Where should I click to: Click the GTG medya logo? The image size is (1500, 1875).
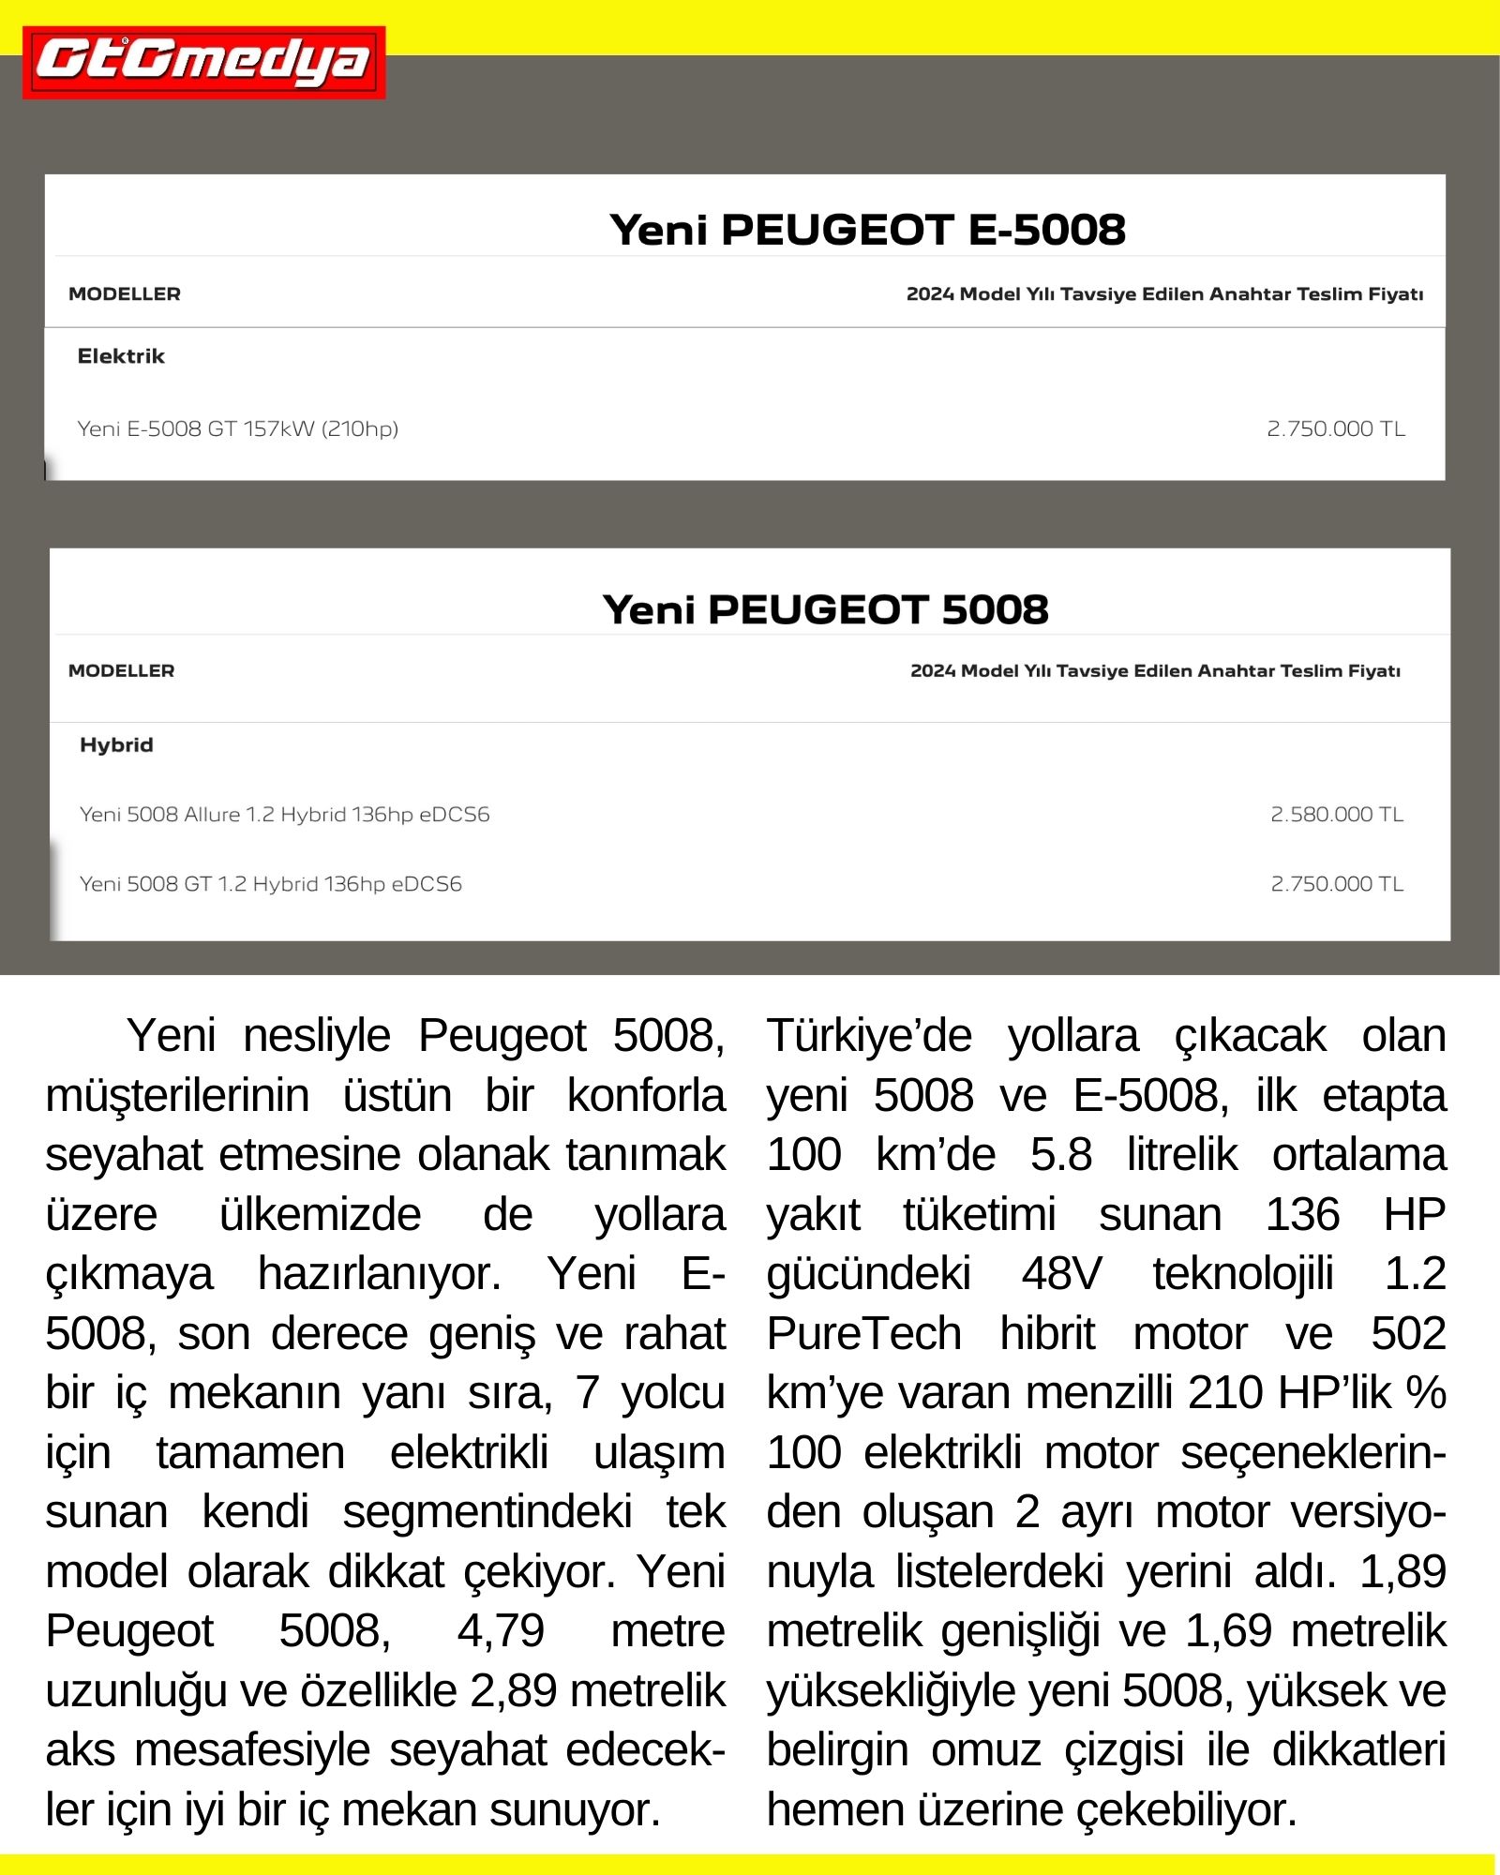(203, 63)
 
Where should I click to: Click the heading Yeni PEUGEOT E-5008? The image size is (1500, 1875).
(866, 230)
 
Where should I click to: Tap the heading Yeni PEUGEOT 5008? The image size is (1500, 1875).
(825, 609)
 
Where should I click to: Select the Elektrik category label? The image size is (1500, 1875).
(121, 356)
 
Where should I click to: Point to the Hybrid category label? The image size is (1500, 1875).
(116, 745)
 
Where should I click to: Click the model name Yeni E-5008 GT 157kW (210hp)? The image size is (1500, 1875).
(238, 429)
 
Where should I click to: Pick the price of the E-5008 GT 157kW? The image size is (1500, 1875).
(1336, 429)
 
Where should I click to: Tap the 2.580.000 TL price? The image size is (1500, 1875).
(1337, 815)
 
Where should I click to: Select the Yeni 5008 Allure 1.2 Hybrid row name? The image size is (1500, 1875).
(285, 815)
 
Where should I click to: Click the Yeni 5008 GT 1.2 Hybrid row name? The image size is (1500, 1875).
(271, 884)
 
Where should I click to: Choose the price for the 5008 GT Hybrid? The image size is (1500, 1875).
(1337, 884)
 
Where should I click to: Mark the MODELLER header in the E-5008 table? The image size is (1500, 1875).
(125, 294)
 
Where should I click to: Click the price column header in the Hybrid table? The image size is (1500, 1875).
(1155, 671)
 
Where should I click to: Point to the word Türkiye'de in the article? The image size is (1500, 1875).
(869, 1037)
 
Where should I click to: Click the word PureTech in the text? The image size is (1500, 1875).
(863, 1334)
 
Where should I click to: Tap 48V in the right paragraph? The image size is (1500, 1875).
(1061, 1275)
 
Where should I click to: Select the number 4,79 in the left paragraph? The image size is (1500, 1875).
(501, 1631)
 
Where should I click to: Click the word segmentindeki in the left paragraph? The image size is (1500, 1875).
(487, 1512)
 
